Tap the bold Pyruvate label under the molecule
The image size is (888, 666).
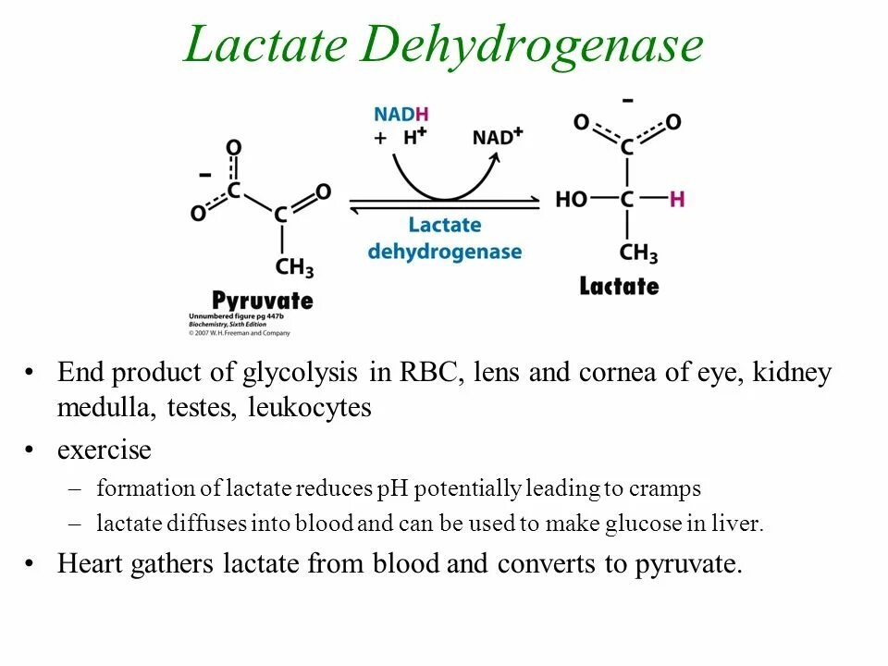click(263, 301)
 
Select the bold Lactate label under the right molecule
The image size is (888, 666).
click(619, 286)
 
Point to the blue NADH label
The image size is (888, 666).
click(401, 114)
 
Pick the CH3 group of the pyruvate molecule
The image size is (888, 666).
click(295, 267)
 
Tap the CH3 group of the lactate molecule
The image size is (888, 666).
click(638, 252)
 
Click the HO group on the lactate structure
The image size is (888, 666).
click(572, 199)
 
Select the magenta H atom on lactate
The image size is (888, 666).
click(677, 199)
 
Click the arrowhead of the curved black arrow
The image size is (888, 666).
click(496, 157)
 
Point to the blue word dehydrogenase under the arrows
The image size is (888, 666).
click(444, 252)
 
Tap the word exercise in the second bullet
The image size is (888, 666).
click(104, 450)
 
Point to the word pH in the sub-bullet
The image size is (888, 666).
click(388, 488)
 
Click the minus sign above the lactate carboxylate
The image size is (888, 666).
click(628, 100)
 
